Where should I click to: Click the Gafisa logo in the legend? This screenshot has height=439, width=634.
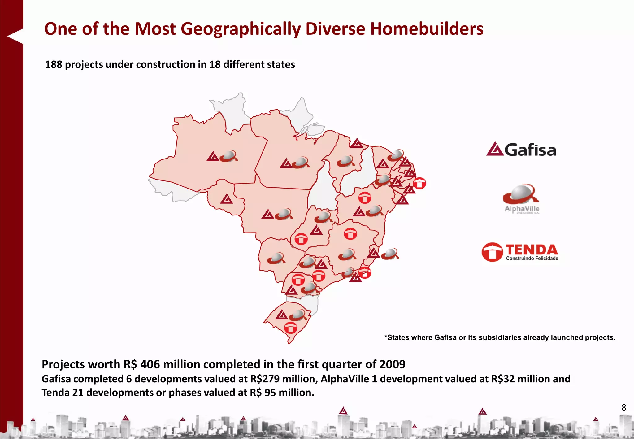tap(521, 150)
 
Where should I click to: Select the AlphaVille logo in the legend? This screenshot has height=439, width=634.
tap(522, 198)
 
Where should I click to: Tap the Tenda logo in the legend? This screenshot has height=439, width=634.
tap(520, 252)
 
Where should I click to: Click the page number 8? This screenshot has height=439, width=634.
tap(624, 407)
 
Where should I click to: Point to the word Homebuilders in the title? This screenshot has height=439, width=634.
tap(427, 29)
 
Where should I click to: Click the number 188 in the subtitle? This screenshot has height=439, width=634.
tap(54, 64)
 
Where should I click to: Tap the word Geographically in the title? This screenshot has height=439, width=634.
tap(240, 29)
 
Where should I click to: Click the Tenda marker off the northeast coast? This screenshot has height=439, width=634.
tap(419, 183)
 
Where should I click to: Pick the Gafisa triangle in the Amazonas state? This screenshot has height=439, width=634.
tap(213, 157)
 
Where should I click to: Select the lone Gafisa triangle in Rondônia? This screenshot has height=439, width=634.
tap(227, 199)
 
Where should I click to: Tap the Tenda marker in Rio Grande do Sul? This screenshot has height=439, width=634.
tap(291, 328)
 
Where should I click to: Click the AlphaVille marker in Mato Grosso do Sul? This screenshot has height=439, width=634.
tap(276, 258)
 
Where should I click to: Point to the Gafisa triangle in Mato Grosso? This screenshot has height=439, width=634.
tap(267, 215)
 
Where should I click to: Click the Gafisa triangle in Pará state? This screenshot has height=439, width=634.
tap(286, 163)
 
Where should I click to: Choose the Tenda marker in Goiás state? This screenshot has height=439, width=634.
tap(301, 239)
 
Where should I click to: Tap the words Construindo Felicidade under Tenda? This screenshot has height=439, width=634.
tap(532, 259)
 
